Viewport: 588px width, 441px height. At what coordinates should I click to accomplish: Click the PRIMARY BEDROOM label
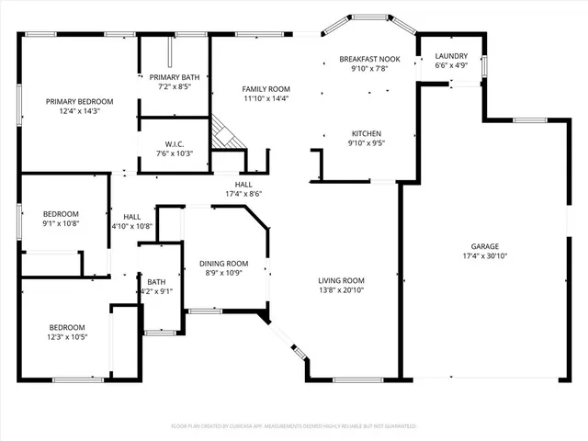pos(80,101)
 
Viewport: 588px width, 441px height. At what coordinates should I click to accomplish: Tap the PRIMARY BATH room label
pos(173,77)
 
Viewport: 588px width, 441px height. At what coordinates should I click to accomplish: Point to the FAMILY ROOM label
pos(266,88)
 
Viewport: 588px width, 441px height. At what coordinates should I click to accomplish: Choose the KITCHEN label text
pos(365,133)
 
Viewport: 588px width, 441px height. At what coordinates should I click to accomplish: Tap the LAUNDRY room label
pos(451,56)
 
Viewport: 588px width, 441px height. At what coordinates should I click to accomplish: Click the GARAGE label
pos(485,246)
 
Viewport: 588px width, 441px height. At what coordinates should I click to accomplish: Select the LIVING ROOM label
pos(342,280)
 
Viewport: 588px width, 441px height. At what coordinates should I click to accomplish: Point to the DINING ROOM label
pos(224,264)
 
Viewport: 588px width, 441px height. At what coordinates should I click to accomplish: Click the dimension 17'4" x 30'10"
pos(485,256)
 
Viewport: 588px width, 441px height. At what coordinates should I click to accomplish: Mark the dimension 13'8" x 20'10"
pos(342,290)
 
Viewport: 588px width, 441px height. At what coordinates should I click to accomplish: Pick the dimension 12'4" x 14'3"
pos(80,111)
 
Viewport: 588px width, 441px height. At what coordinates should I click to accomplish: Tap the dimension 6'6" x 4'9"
pos(451,66)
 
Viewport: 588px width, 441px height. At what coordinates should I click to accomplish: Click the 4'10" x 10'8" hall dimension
pos(132,226)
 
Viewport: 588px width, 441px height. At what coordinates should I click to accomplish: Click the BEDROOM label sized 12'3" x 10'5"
pos(67,327)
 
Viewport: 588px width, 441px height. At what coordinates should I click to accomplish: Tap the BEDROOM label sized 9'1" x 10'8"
pos(61,213)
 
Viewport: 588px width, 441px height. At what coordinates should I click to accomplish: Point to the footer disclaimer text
pos(294,426)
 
